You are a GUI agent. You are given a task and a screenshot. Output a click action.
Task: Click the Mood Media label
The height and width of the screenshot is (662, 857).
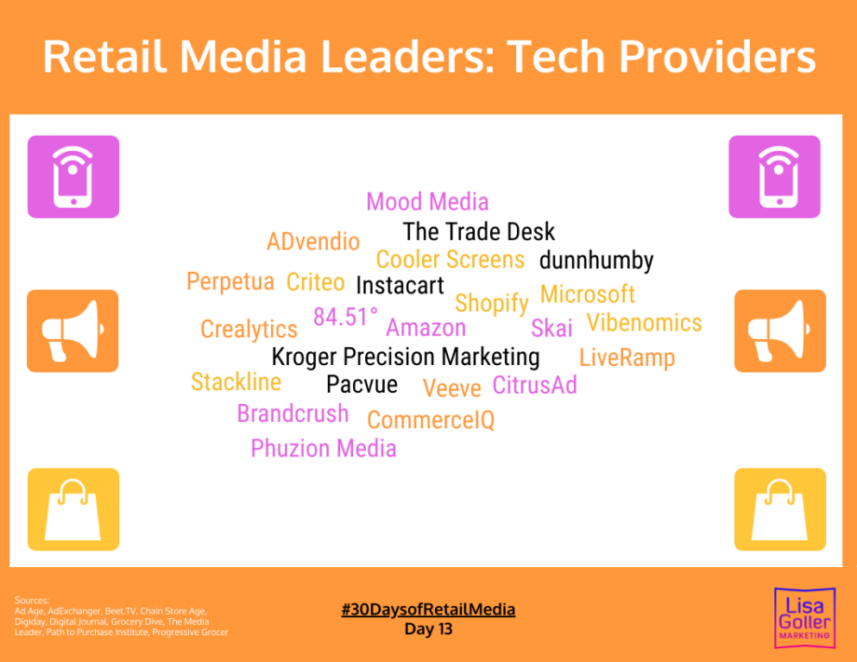pos(428,201)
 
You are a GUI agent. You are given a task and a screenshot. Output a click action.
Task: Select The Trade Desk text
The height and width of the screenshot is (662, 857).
pos(479,232)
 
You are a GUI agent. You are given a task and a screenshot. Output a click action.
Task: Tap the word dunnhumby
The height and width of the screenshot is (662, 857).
pos(596,261)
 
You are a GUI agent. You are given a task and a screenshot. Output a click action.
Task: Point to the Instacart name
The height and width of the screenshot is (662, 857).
pos(400,286)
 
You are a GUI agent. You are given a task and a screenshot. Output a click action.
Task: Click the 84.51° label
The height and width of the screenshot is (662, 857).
pos(346,317)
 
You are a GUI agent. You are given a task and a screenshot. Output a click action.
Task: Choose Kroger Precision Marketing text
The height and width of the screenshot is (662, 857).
pos(405,358)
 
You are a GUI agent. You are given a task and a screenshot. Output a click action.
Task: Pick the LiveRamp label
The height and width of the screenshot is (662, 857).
pos(627,358)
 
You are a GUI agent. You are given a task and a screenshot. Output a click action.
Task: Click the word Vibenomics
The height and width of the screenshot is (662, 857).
pos(645,323)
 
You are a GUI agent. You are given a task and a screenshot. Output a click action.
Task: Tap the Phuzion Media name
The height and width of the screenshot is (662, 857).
pos(323,449)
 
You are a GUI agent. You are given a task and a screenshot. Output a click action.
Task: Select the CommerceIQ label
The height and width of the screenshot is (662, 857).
pos(430,420)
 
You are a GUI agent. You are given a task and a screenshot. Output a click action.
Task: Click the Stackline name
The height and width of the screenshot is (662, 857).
pos(236,382)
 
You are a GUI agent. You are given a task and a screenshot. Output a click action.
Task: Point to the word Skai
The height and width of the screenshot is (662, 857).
pos(551,329)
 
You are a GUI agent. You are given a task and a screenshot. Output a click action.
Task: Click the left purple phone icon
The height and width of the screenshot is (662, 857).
pos(74,177)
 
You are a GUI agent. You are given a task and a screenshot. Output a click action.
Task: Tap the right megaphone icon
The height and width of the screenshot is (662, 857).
pos(780,331)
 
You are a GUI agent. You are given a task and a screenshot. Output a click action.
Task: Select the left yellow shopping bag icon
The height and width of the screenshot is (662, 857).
pos(74,509)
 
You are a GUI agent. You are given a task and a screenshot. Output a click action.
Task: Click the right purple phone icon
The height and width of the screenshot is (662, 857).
pos(774,177)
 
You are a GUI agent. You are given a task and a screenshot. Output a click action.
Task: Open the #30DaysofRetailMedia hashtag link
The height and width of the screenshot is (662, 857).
pos(428,610)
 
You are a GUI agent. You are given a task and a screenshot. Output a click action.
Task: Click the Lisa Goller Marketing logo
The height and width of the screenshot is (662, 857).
pos(805,617)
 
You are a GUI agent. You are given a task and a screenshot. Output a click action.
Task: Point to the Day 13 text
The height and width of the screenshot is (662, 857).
pos(428,629)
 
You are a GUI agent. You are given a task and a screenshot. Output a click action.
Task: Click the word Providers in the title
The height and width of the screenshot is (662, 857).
pos(716,56)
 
